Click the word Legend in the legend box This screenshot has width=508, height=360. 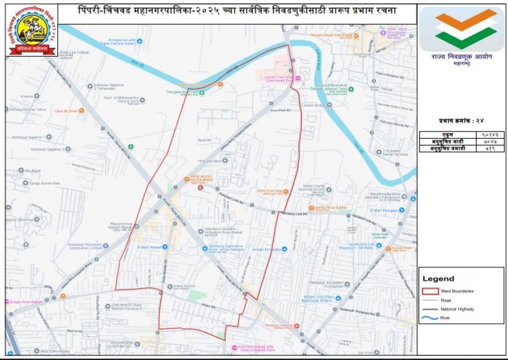click(x=438, y=279)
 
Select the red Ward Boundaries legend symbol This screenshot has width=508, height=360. click(x=430, y=290)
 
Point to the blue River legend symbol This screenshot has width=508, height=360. click(x=430, y=318)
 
